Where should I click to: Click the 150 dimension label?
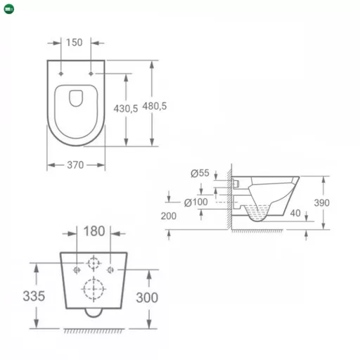tap(75, 42)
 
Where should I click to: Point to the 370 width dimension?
tap(76, 165)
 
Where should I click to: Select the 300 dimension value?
tap(147, 297)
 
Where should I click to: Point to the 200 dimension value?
tap(169, 216)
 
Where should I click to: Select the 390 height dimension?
tap(341, 202)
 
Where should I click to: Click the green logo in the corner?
tap(7, 8)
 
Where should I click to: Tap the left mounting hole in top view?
tap(62, 73)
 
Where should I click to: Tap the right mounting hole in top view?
tap(91, 73)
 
